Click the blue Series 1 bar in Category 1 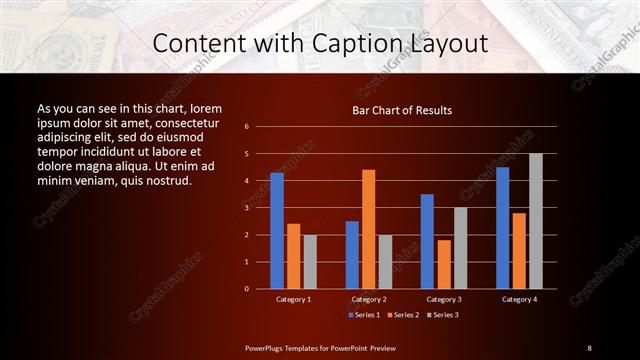click(x=277, y=230)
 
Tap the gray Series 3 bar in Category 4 click(x=536, y=221)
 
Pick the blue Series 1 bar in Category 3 click(x=427, y=241)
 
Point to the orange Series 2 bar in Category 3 click(x=444, y=264)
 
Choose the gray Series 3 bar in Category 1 click(x=310, y=261)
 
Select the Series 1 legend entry click(x=363, y=315)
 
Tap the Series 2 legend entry click(x=402, y=315)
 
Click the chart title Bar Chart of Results click(x=402, y=110)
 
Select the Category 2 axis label click(x=369, y=299)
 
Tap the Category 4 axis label click(x=519, y=299)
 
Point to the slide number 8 click(x=589, y=347)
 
